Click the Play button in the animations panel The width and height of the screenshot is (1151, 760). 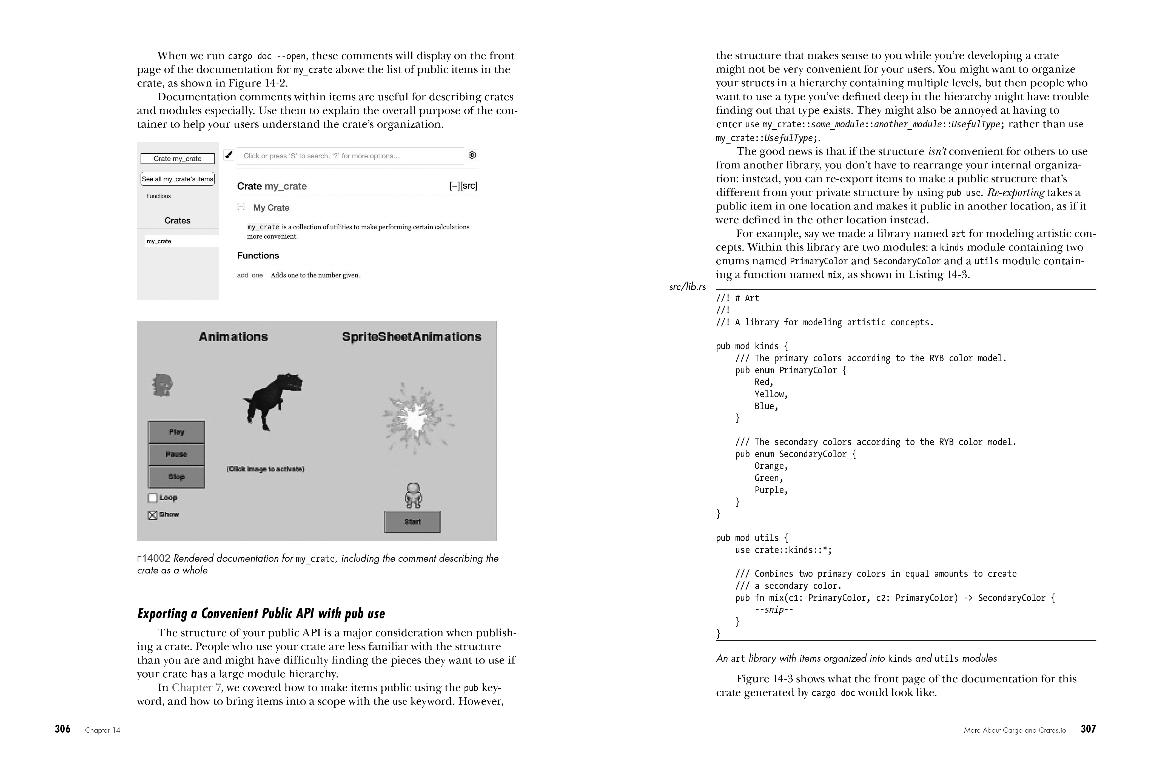point(176,432)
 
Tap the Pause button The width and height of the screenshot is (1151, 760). point(176,454)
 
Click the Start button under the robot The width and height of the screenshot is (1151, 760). point(412,521)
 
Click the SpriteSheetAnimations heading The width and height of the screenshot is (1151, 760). point(411,337)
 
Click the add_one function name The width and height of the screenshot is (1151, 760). point(250,275)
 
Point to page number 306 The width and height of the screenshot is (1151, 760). point(62,729)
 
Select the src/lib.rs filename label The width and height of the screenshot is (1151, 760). point(687,287)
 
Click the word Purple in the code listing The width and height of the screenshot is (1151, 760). point(771,490)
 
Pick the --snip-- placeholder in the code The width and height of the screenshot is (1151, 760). point(774,610)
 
